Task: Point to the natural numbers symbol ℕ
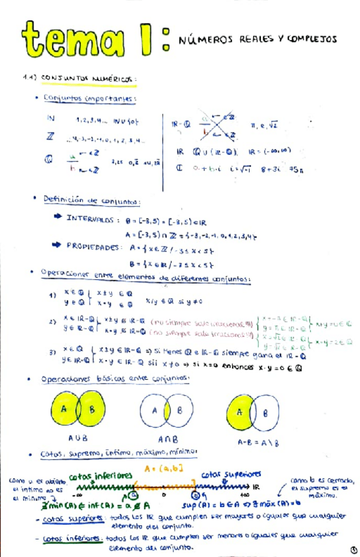52,119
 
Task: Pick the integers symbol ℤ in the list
51,139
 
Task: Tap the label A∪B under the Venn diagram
79,437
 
